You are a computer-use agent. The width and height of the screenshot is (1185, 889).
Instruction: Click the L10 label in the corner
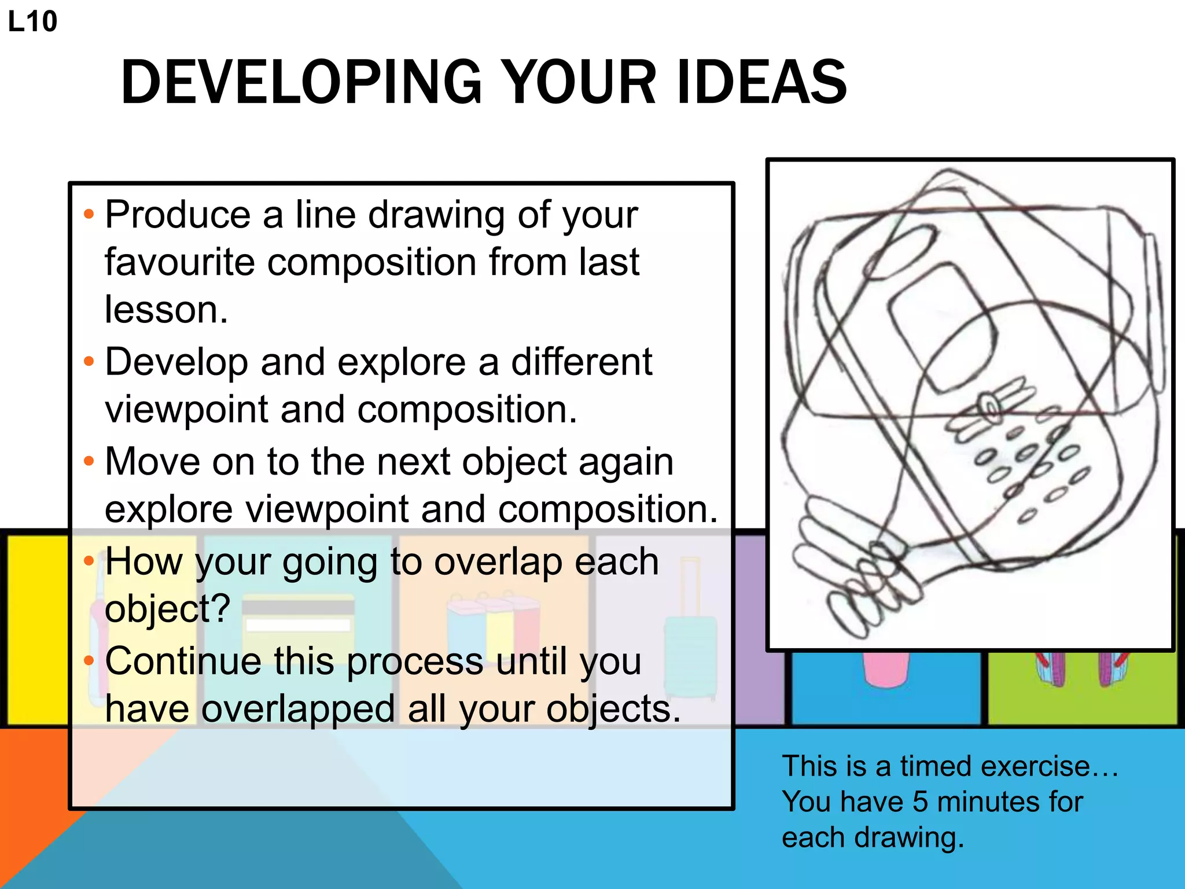(x=32, y=22)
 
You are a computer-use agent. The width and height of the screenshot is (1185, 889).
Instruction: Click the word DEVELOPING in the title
(x=301, y=82)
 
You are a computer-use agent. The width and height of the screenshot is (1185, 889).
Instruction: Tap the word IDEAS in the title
(x=760, y=82)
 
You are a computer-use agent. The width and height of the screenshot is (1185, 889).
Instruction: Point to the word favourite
(x=179, y=263)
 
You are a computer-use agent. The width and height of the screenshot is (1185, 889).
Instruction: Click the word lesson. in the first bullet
(x=167, y=310)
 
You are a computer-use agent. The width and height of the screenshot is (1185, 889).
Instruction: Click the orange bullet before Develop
(x=89, y=362)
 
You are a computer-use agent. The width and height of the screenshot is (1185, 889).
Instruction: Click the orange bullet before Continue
(x=89, y=661)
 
